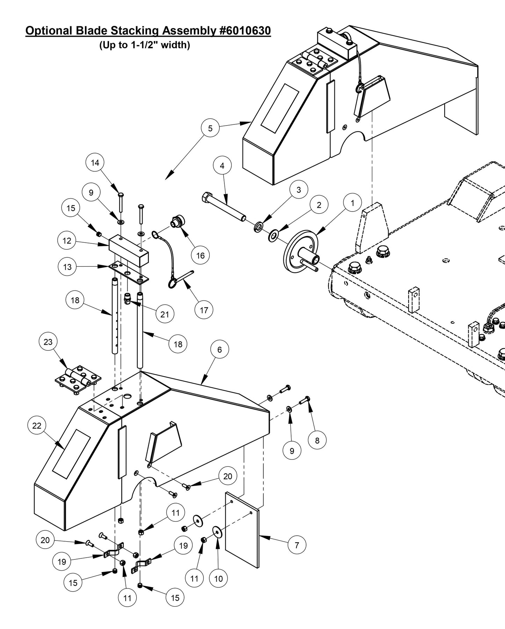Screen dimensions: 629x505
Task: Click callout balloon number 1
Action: [x=352, y=203]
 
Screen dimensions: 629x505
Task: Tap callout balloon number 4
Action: [x=222, y=166]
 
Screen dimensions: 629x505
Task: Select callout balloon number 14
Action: [x=95, y=163]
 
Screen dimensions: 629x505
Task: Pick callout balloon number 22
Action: [x=37, y=426]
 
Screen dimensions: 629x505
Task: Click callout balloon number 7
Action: [x=297, y=545]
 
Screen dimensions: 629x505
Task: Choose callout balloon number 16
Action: [x=200, y=255]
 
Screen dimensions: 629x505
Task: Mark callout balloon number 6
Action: [x=219, y=349]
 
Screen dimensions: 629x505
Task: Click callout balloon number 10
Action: [x=218, y=578]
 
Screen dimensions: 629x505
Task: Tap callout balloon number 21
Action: [x=165, y=314]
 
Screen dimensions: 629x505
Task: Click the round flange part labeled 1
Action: [x=301, y=250]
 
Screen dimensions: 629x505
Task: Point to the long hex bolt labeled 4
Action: [x=224, y=209]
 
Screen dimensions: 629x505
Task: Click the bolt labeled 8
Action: [x=305, y=400]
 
